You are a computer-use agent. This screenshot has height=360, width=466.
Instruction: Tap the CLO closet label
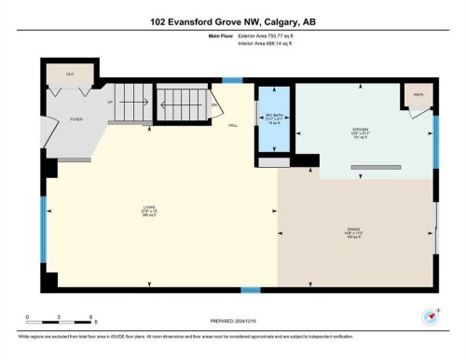click(69, 73)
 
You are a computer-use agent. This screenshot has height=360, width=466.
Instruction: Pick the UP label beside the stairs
click(110, 102)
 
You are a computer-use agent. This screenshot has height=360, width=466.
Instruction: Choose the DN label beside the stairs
click(213, 104)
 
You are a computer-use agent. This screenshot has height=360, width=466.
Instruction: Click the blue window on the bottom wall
click(250, 289)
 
